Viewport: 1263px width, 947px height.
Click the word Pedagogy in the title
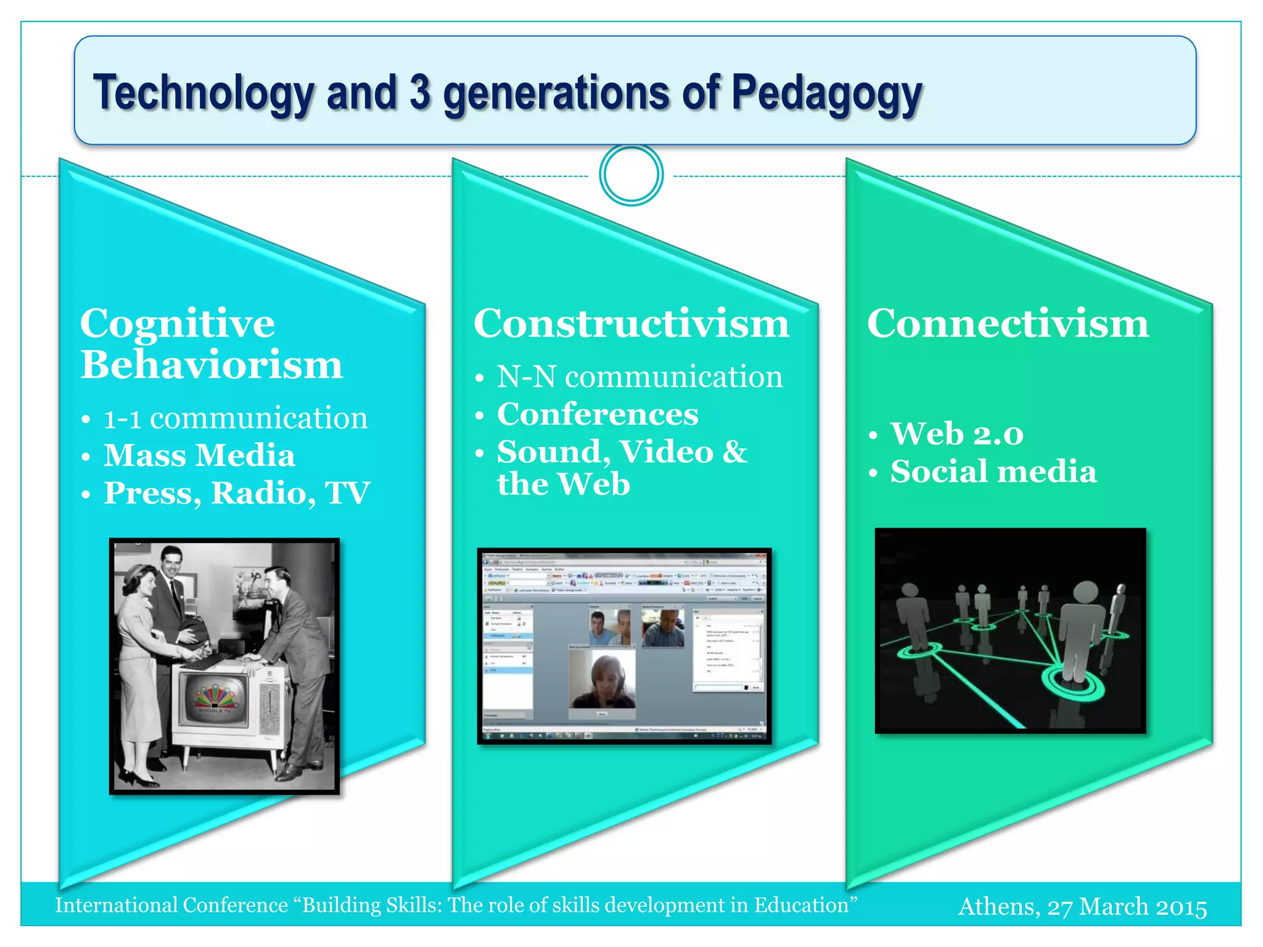[826, 94]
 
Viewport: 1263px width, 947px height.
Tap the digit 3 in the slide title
[419, 92]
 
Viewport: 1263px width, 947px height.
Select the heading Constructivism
[631, 324]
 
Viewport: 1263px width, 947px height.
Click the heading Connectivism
[1008, 324]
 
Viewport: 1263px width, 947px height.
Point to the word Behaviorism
[212, 365]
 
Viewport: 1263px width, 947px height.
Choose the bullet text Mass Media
[199, 456]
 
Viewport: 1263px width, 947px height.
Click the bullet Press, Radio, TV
[237, 493]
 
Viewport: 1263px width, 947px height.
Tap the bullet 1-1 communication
[235, 419]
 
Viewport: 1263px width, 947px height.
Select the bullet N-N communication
[640, 377]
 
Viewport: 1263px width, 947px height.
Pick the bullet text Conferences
[598, 414]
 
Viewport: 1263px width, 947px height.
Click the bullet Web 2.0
[957, 434]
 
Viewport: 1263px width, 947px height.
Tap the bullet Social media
[994, 472]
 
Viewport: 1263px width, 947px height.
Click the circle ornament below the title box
[631, 174]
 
